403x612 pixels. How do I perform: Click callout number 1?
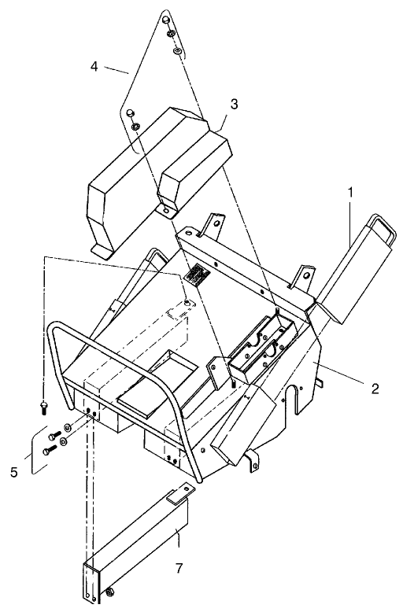(x=351, y=192)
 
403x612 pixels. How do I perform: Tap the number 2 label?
(x=375, y=389)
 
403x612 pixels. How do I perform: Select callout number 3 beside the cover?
(x=234, y=104)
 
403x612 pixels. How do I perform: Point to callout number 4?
(x=94, y=66)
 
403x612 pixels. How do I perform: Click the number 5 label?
(x=14, y=473)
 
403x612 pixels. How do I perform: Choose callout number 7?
(x=179, y=568)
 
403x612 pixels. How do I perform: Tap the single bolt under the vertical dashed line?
(x=43, y=407)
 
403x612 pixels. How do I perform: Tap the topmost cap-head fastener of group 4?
(x=166, y=20)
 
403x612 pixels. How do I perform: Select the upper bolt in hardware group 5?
(x=54, y=436)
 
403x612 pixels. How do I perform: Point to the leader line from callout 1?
(x=350, y=223)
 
